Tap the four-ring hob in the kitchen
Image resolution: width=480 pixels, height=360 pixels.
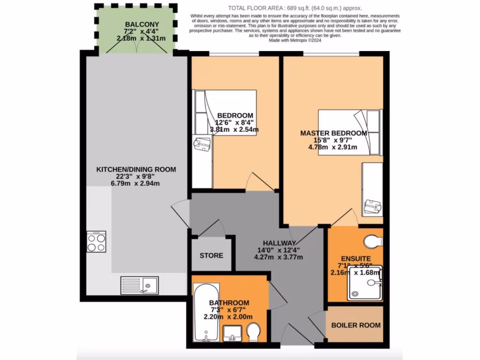(x=96, y=242)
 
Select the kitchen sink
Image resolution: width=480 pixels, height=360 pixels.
(x=139, y=284)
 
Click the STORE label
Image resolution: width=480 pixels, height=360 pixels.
(x=211, y=255)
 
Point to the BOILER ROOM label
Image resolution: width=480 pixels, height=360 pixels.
(x=356, y=325)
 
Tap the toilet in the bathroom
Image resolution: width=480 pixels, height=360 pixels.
(x=254, y=332)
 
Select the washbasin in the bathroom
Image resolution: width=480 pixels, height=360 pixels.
(x=232, y=333)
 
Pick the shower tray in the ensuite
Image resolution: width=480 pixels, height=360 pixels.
(x=365, y=283)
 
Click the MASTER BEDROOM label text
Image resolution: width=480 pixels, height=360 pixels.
(x=333, y=133)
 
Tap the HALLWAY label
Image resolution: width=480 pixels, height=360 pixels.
(x=279, y=243)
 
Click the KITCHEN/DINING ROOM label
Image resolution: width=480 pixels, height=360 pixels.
(x=136, y=169)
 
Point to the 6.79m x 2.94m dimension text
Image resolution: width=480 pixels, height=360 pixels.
(x=135, y=183)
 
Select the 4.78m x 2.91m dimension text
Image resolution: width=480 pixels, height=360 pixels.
(x=332, y=147)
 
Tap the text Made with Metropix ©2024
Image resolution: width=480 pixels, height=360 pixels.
(x=294, y=40)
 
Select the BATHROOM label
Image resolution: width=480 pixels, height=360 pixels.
(x=229, y=303)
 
